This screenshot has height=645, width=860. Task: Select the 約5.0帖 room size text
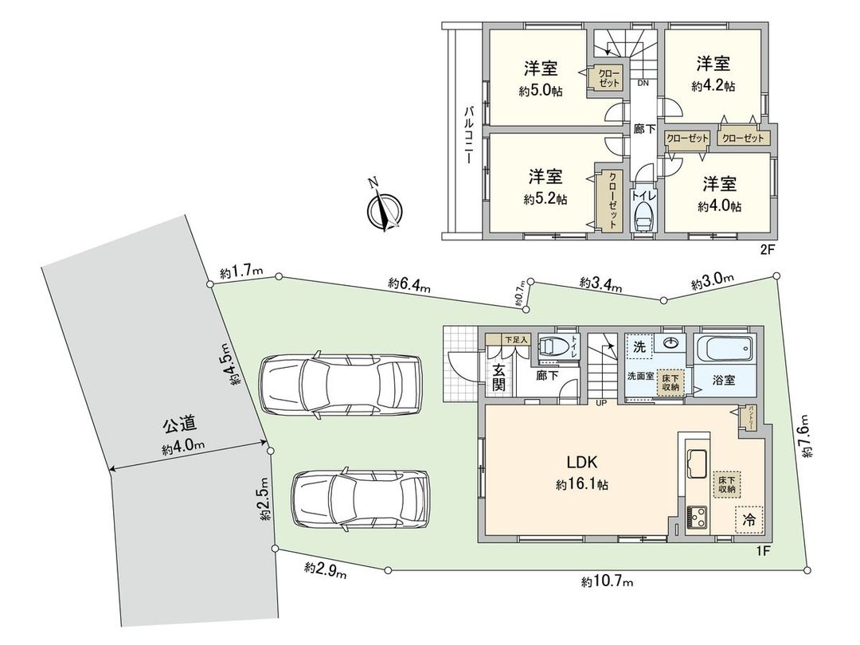(541, 92)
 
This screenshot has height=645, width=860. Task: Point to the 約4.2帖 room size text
(713, 85)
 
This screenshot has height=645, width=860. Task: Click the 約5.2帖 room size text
(545, 198)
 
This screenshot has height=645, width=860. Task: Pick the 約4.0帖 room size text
(719, 206)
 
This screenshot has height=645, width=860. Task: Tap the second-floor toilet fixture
(643, 217)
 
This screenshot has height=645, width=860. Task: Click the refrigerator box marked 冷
(749, 519)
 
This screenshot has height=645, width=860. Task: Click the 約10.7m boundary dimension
(607, 583)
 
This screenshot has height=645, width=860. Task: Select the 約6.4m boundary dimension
(409, 284)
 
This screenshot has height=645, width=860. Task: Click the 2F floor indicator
(767, 248)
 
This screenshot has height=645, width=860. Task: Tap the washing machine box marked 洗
(639, 347)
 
